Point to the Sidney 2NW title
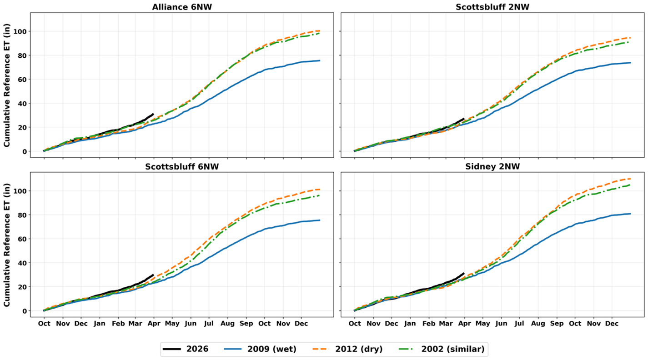coord(492,166)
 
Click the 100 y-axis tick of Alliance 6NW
coord(21,31)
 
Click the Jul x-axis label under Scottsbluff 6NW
coord(209,324)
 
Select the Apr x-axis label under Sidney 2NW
coord(464,324)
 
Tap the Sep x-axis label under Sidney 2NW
coord(557,324)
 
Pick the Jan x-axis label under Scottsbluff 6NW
coord(100,324)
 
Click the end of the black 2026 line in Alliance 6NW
coord(153,114)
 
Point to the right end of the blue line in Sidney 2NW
coord(630,214)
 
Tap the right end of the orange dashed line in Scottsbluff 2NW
coord(630,38)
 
